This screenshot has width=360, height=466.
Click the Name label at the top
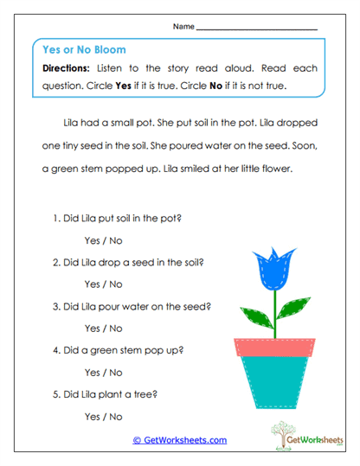point(183,28)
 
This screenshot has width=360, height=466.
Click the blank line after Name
point(256,29)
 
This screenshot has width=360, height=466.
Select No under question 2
point(116,284)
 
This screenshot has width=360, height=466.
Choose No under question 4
point(116,373)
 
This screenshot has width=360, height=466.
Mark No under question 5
point(116,416)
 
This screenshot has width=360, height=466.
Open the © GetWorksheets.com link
point(179,440)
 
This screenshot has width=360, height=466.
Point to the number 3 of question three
point(55,306)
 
